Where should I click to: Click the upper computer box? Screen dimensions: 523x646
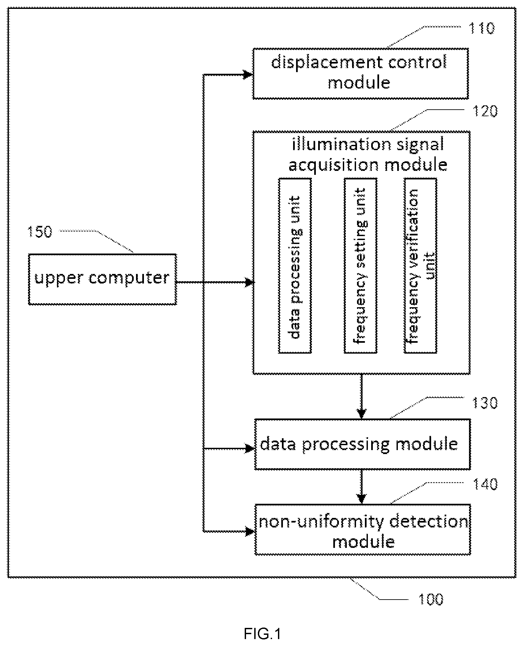pos(102,279)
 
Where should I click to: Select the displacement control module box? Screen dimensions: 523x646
pos(361,73)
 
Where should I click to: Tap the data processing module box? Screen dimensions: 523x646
pos(363,444)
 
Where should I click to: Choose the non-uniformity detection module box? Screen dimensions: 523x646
pos(363,530)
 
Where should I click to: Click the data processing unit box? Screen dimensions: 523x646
pos(295,266)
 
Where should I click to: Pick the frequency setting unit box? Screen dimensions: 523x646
pos(361,266)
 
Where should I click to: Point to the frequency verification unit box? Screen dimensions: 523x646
pos(421,266)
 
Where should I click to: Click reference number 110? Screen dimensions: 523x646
pos(482,29)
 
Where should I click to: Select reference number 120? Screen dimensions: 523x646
pos(484,112)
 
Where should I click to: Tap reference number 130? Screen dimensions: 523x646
pos(484,403)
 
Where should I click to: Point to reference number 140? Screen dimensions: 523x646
pos(484,484)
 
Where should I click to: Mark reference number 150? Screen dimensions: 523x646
pos(40,232)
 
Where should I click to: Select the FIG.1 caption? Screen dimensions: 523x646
pos(262,633)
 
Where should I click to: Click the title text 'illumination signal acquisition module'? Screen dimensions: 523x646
pos(368,155)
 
